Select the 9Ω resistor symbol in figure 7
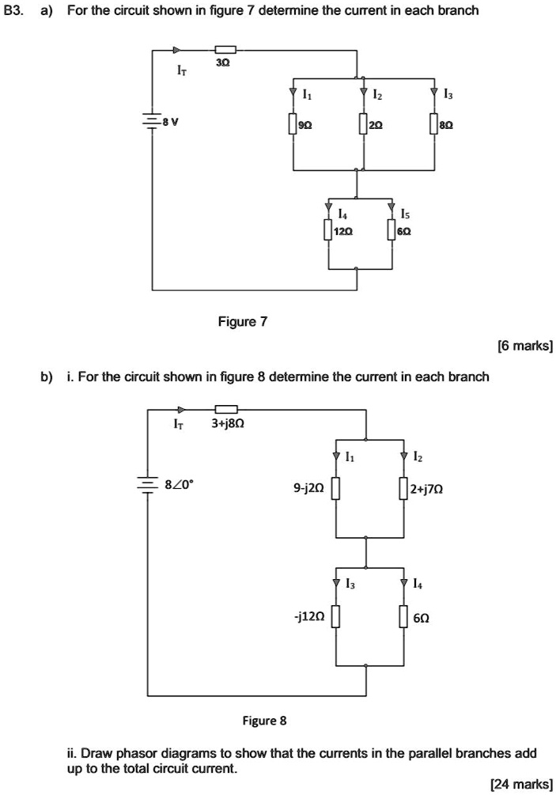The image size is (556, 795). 293,124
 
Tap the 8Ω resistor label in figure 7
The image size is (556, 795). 448,125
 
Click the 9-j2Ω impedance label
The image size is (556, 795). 308,490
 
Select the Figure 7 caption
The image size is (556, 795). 243,322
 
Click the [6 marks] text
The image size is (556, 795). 524,346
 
